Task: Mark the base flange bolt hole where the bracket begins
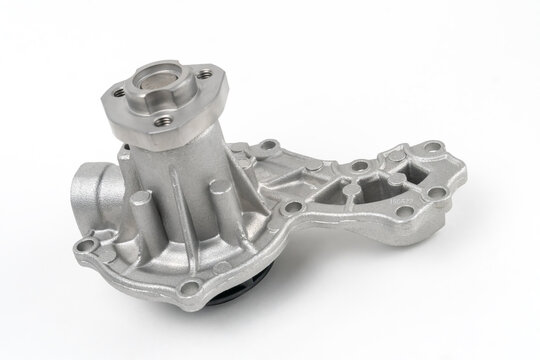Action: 292,207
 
